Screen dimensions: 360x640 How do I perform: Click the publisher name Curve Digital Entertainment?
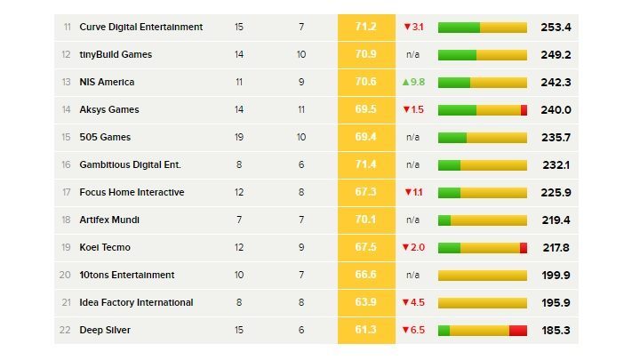[x=140, y=28]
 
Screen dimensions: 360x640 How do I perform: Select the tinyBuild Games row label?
[x=116, y=55]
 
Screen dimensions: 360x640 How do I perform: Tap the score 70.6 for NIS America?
[x=365, y=83]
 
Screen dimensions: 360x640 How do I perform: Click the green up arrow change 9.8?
[x=413, y=83]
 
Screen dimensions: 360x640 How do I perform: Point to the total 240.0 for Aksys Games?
[x=556, y=110]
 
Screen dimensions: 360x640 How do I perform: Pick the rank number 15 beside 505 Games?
[x=66, y=138]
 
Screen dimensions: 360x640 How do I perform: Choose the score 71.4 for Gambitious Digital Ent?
[x=365, y=165]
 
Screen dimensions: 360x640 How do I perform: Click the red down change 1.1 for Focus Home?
[x=413, y=193]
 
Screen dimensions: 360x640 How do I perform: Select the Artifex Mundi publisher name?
[x=109, y=220]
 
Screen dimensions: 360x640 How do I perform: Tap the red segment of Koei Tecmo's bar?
[x=524, y=248]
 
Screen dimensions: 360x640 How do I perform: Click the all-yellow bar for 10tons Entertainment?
[x=483, y=276]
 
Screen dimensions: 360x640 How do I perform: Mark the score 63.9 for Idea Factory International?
[x=365, y=303]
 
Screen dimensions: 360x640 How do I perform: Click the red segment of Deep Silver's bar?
[x=518, y=331]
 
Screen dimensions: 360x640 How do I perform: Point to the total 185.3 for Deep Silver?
[x=556, y=331]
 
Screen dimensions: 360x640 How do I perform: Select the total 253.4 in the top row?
[x=556, y=28]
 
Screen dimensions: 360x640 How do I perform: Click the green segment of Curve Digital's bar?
[x=459, y=28]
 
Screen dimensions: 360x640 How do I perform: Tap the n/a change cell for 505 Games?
[x=412, y=138]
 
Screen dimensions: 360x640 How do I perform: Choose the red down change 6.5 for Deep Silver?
[x=413, y=331]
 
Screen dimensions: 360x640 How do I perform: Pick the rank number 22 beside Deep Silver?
[x=66, y=331]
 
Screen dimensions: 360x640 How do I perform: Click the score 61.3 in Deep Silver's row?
[x=365, y=331]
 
